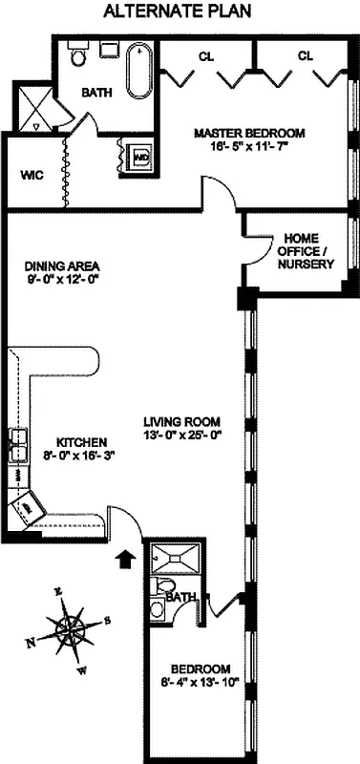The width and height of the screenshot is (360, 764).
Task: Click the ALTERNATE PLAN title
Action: click(180, 12)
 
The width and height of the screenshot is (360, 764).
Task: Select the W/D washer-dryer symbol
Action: click(139, 156)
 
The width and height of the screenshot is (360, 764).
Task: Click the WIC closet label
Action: click(30, 176)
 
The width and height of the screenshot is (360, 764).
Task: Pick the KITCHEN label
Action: click(81, 442)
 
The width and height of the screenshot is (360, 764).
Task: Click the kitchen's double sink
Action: click(18, 444)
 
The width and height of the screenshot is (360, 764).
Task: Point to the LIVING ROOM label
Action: click(182, 421)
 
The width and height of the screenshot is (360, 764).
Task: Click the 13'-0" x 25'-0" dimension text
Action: click(182, 435)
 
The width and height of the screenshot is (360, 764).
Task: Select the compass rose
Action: click(71, 630)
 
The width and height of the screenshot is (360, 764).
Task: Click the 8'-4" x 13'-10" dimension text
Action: click(201, 682)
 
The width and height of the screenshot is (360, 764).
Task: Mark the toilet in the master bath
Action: click(79, 57)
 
